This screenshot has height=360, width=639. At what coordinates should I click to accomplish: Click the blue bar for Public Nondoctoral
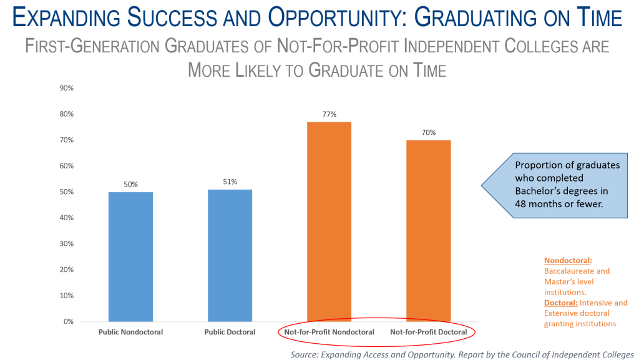[x=131, y=256]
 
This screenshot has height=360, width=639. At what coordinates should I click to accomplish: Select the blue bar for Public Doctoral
[x=230, y=255]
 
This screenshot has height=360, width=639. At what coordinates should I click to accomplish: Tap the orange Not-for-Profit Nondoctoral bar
[x=329, y=221]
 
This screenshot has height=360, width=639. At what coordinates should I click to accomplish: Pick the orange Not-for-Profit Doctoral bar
[x=428, y=231]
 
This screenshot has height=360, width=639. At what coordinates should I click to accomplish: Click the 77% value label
[x=329, y=114]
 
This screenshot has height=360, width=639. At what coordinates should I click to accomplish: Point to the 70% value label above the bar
[x=429, y=132]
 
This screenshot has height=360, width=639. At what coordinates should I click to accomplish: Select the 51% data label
[x=230, y=182]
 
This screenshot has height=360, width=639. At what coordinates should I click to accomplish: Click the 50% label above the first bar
[x=131, y=185]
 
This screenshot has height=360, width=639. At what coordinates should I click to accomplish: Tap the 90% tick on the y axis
[x=66, y=88]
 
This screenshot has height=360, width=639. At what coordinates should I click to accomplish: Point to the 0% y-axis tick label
[x=69, y=321]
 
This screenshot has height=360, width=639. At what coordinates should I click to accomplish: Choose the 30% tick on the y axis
[x=66, y=243]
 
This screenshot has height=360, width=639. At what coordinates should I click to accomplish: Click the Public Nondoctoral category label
[x=131, y=332]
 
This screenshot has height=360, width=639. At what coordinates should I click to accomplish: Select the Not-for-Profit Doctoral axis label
[x=428, y=332]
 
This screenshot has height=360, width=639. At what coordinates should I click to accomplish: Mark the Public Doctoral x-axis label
[x=230, y=332]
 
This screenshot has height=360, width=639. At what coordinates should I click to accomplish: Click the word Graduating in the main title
[x=477, y=17]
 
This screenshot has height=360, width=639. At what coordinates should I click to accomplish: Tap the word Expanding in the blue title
[x=67, y=17]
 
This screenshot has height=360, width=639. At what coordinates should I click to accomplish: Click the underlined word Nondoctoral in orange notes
[x=567, y=261]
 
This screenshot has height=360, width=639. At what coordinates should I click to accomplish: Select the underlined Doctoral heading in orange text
[x=561, y=303]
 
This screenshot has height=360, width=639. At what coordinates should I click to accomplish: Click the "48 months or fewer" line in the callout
[x=559, y=204]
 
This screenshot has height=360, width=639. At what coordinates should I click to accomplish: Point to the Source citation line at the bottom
[x=462, y=355]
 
